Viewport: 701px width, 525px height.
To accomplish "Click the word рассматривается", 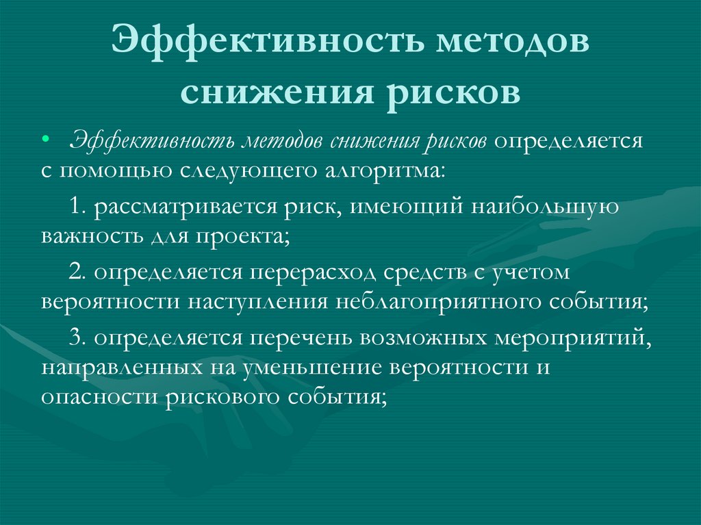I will [184, 206].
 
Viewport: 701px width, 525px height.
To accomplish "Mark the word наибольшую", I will [546, 206].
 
